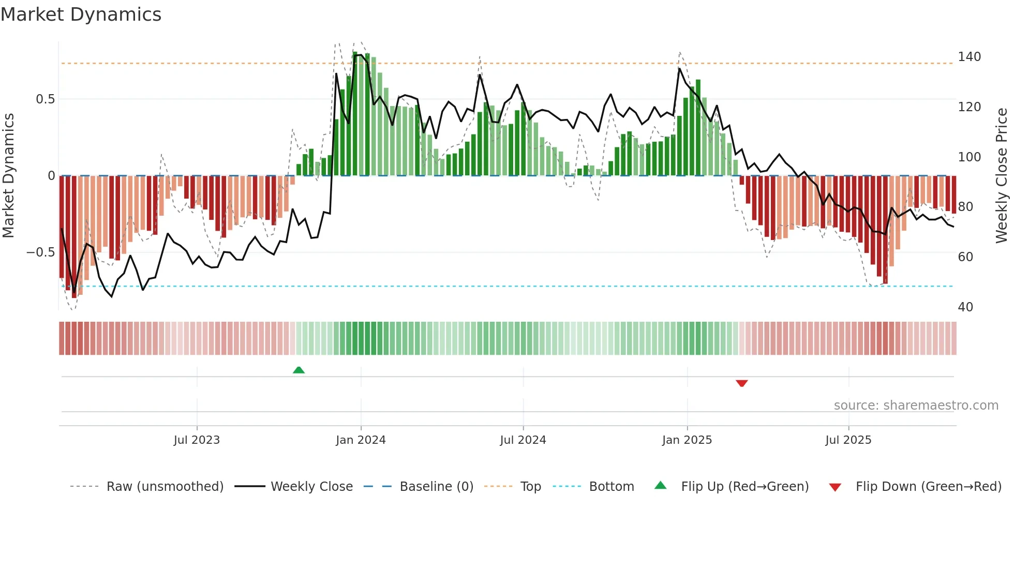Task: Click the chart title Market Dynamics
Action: [x=81, y=14]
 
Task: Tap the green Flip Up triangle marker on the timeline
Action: [x=299, y=370]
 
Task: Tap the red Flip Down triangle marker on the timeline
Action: [x=741, y=383]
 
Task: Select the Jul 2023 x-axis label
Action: [x=197, y=440]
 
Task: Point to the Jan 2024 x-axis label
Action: [x=361, y=440]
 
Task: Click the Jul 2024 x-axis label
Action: [x=523, y=440]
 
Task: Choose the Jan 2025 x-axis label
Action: [x=687, y=440]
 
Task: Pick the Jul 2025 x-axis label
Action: [x=848, y=440]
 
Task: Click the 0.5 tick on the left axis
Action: [x=45, y=99]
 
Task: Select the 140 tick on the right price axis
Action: [x=969, y=57]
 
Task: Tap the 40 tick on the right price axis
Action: [x=965, y=307]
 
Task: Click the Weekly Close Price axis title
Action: [x=1002, y=176]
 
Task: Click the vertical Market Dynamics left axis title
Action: [x=9, y=176]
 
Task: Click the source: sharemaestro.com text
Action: [x=916, y=406]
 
